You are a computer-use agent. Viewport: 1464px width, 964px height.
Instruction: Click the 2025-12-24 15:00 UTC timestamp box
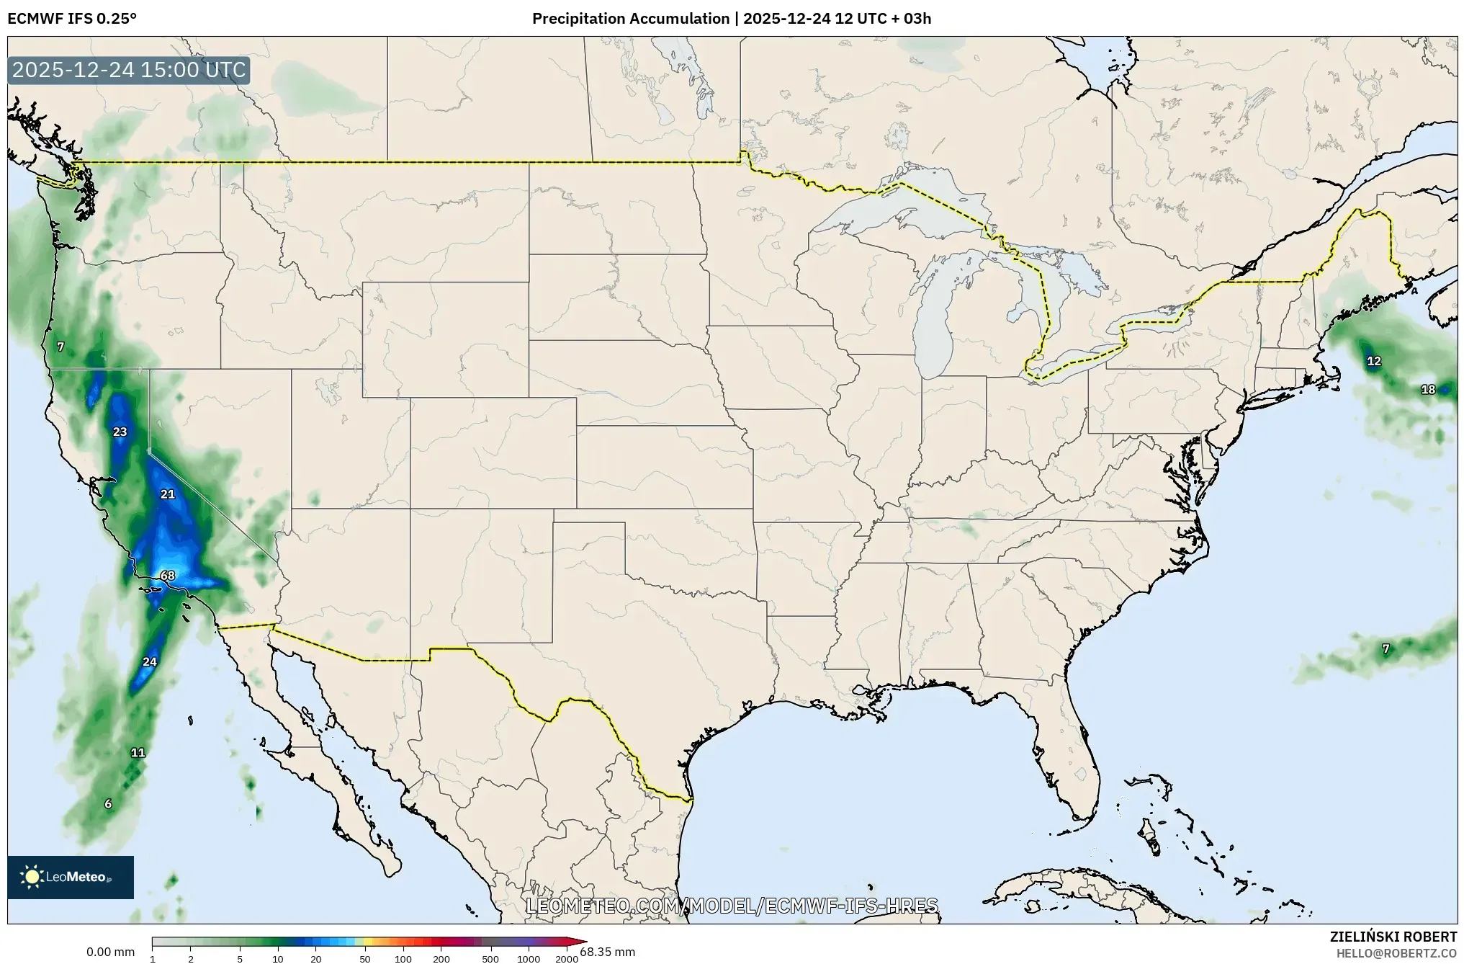pyautogui.click(x=129, y=71)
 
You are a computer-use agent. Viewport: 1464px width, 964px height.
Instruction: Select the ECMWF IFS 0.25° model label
pyautogui.click(x=72, y=19)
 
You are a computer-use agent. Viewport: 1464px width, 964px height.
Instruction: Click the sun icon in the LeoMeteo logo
pyautogui.click(x=32, y=877)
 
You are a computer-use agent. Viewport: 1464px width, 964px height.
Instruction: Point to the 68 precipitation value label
pyautogui.click(x=168, y=576)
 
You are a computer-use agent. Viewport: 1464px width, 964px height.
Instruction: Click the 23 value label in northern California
pyautogui.click(x=120, y=432)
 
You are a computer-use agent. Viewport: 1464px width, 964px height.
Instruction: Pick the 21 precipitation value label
pyautogui.click(x=168, y=494)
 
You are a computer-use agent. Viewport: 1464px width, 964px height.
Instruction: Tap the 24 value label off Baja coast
pyautogui.click(x=150, y=662)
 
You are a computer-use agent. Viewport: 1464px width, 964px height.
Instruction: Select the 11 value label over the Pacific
pyautogui.click(x=138, y=753)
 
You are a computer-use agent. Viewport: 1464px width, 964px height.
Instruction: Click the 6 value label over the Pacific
pyautogui.click(x=108, y=804)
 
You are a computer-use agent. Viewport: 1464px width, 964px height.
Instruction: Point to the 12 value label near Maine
pyautogui.click(x=1374, y=361)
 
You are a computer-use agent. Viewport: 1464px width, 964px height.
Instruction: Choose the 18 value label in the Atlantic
pyautogui.click(x=1428, y=390)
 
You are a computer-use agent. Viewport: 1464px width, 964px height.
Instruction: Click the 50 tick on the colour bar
pyautogui.click(x=365, y=958)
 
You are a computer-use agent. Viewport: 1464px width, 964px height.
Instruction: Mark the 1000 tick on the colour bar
pyautogui.click(x=529, y=958)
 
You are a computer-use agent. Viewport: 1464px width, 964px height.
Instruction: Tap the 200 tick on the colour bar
pyautogui.click(x=441, y=958)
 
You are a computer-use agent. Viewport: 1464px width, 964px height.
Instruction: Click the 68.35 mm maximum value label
pyautogui.click(x=608, y=952)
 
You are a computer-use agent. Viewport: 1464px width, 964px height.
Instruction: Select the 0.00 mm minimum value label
pyautogui.click(x=110, y=952)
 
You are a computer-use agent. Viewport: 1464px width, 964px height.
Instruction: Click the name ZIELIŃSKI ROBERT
pyautogui.click(x=1393, y=937)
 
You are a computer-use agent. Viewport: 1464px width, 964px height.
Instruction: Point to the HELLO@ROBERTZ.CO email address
pyautogui.click(x=1396, y=953)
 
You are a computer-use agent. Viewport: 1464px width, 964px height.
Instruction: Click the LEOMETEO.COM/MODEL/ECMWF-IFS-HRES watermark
pyautogui.click(x=732, y=906)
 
